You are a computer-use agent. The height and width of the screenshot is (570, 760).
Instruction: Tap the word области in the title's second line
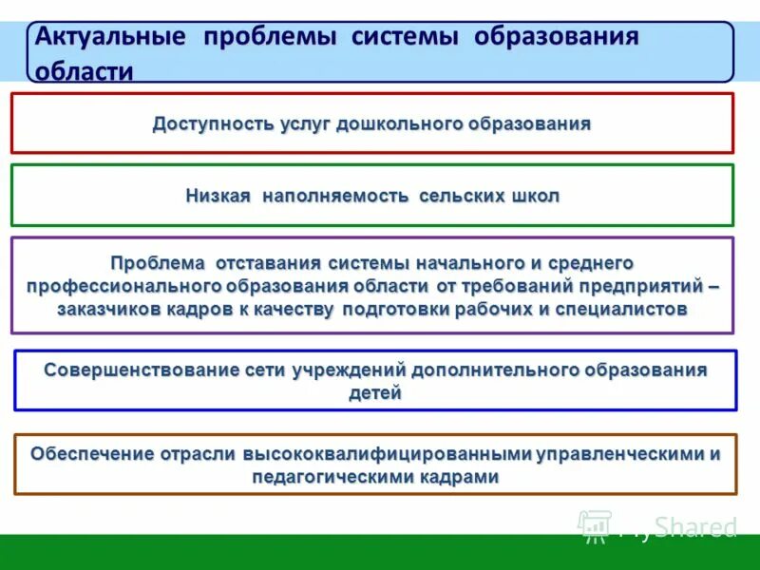coord(84,72)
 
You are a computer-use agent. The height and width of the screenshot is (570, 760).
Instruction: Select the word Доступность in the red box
coord(213,124)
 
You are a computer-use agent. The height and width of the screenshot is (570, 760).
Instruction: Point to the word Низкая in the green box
coord(218,197)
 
